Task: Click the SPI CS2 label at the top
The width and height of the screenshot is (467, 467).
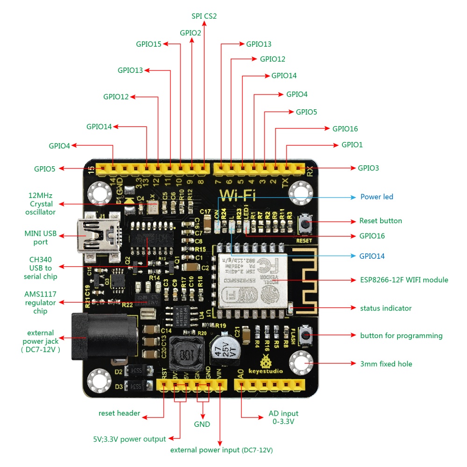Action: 204,16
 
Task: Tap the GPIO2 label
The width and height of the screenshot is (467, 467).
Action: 191,33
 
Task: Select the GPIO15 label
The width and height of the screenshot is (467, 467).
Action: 149,44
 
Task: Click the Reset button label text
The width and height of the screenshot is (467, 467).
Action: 380,220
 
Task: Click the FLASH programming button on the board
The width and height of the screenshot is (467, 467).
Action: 306,334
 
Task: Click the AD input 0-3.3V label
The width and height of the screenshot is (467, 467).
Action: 283,417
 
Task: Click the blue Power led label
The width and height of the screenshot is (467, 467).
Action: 376,197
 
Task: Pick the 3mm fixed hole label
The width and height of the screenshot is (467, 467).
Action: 386,363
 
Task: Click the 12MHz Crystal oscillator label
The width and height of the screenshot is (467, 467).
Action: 42,204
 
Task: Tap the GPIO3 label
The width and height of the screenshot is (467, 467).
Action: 368,167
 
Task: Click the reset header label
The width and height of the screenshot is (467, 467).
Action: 119,413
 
